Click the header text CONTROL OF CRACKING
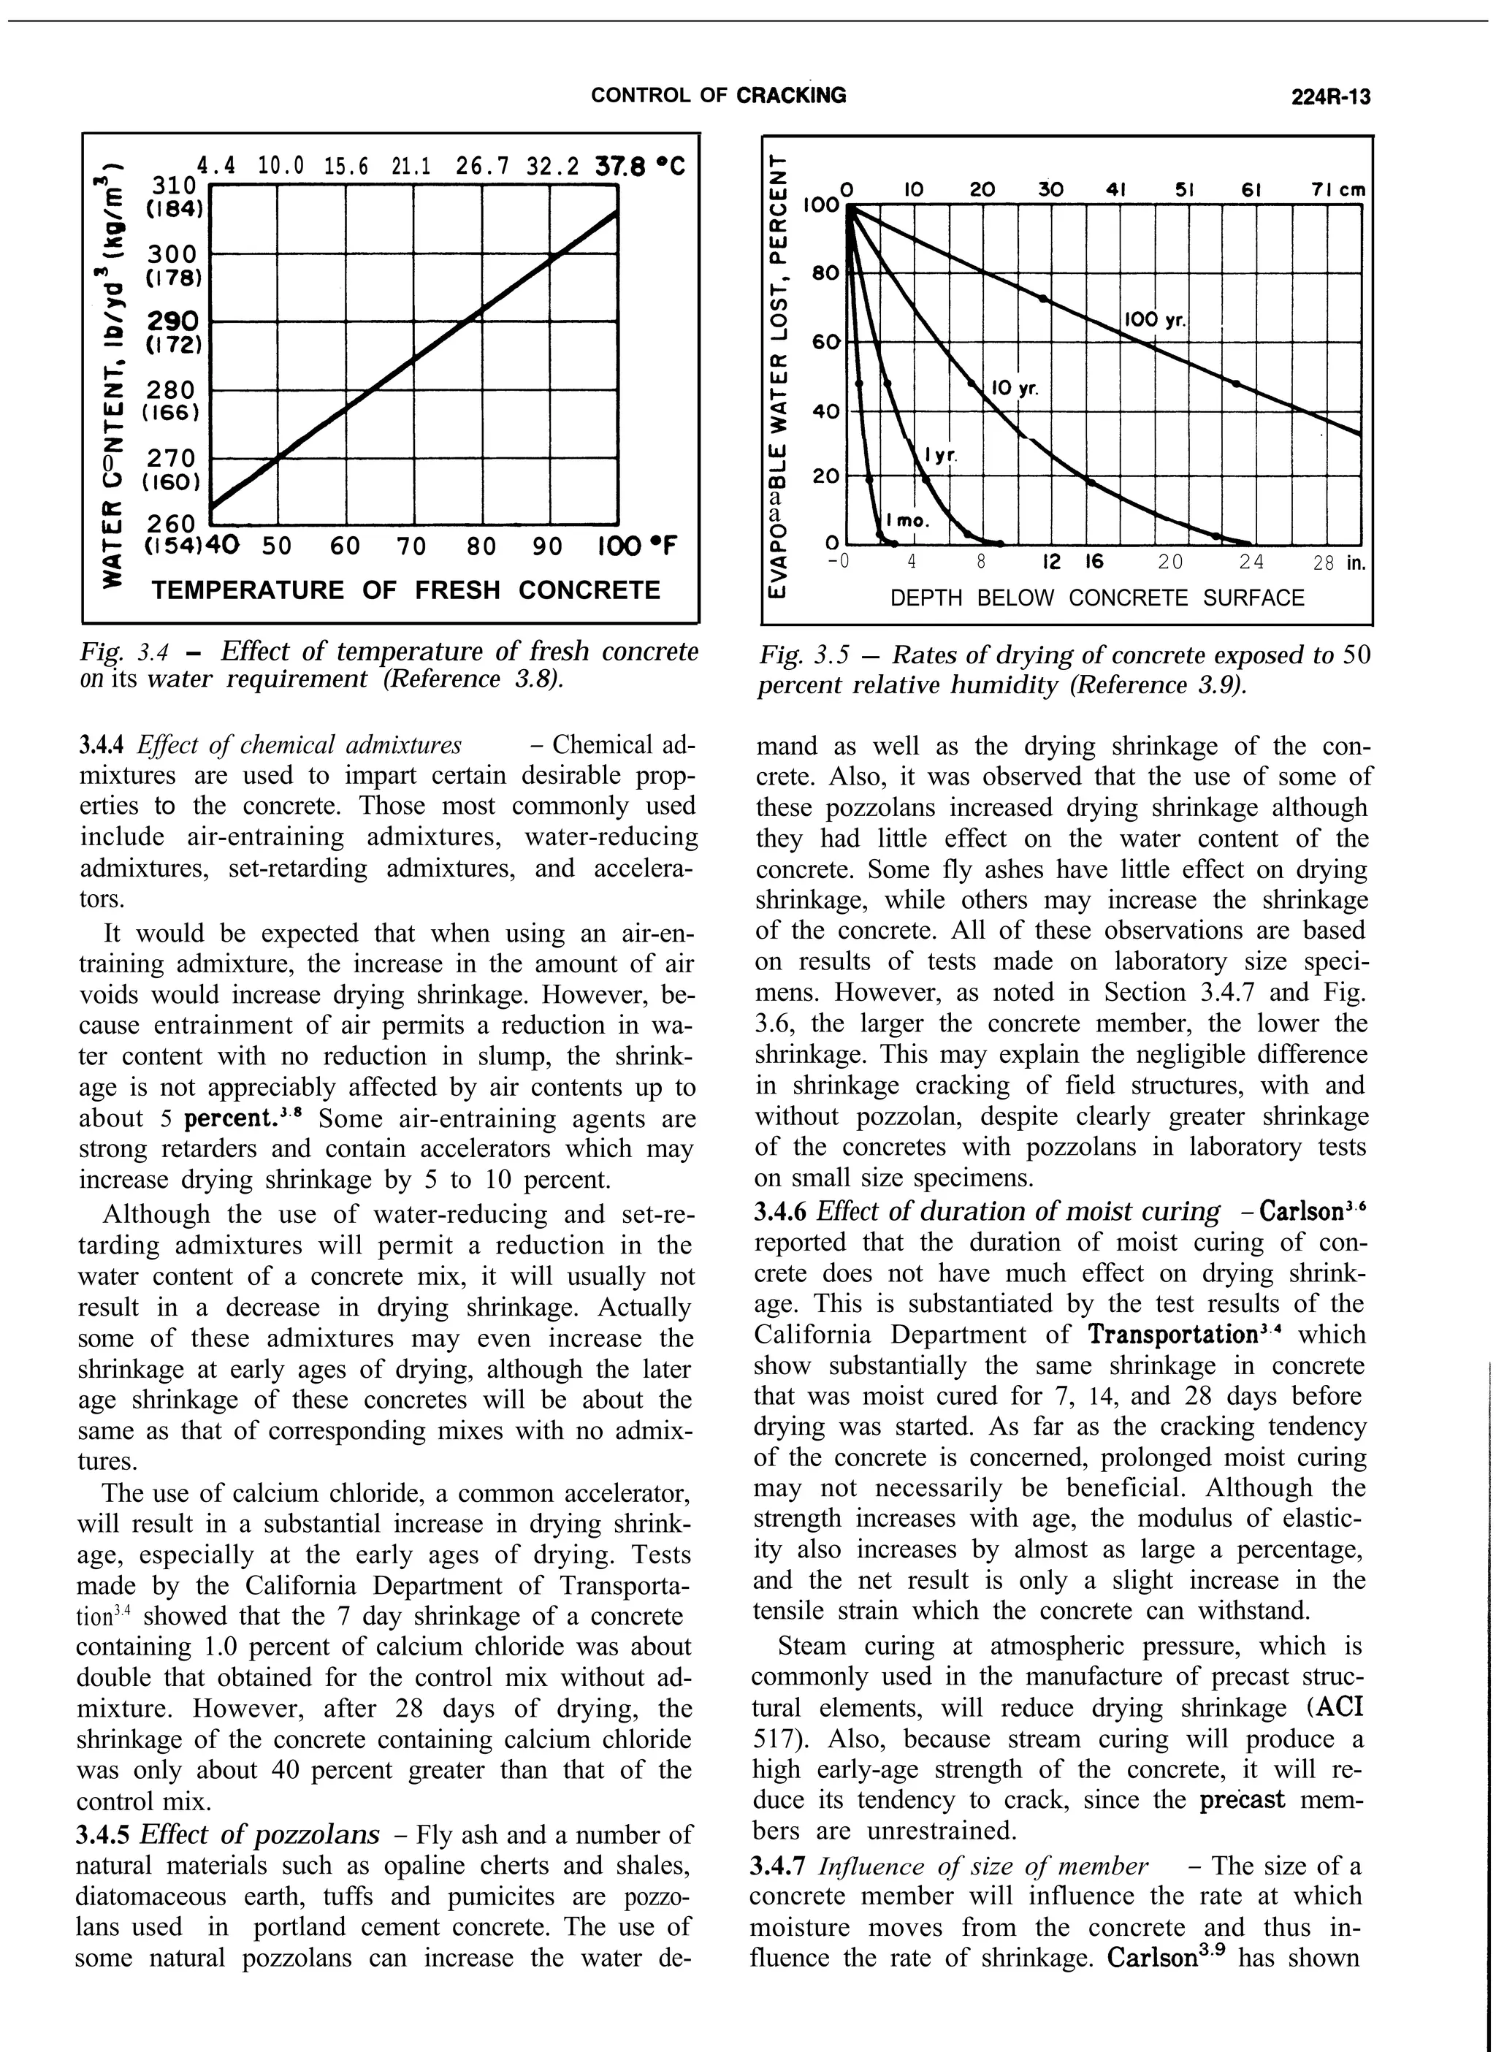point(718,95)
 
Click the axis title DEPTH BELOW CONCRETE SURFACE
point(1098,598)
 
